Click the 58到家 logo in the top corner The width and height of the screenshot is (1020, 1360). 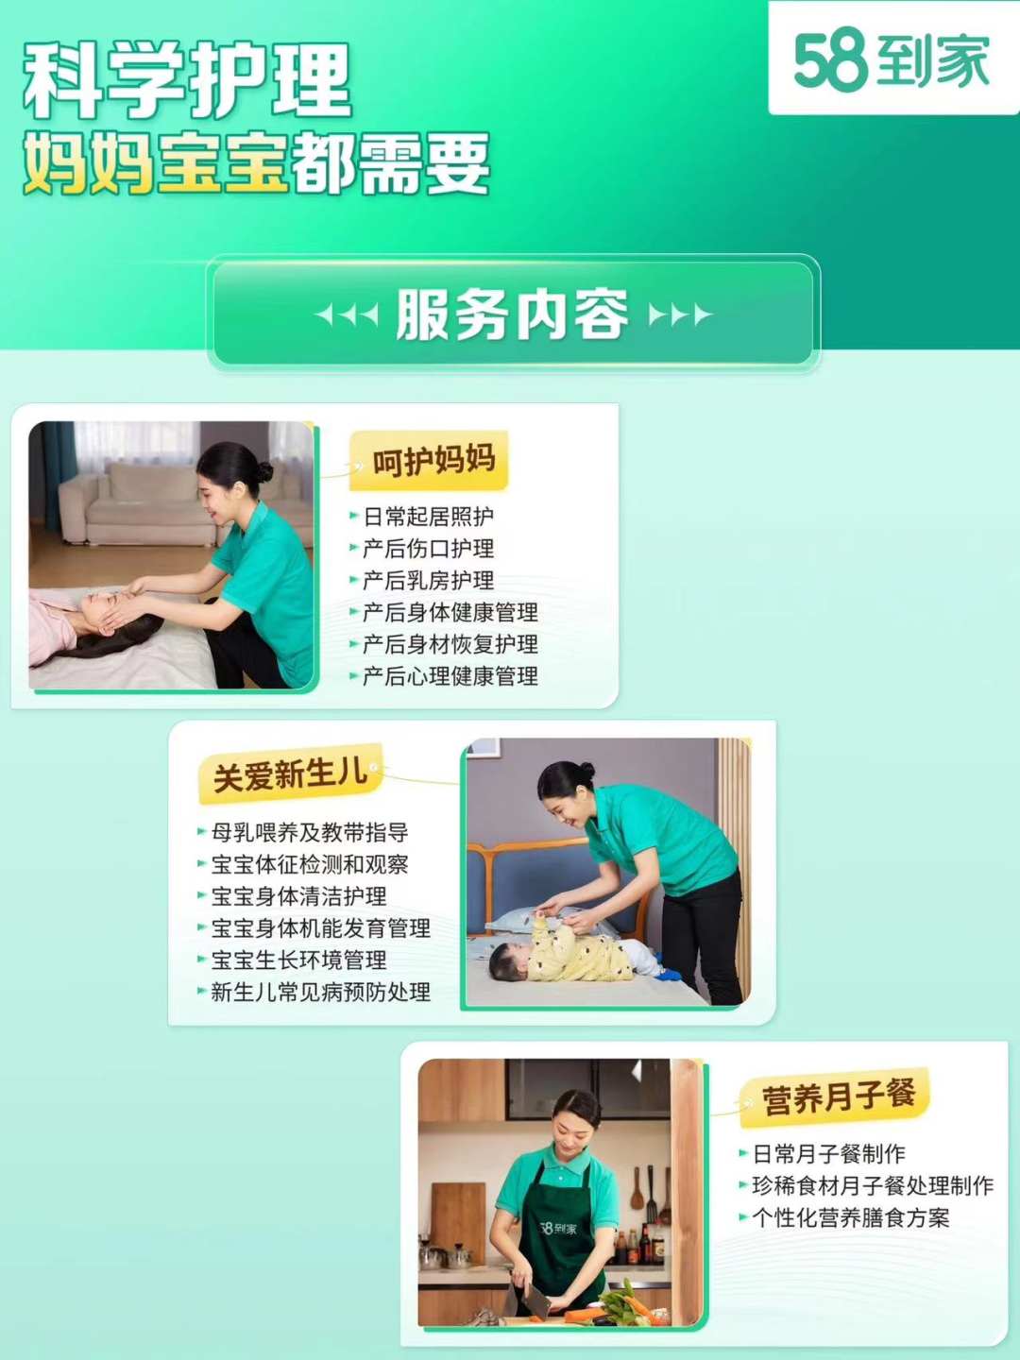[x=892, y=60]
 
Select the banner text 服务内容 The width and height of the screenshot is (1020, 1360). [x=512, y=314]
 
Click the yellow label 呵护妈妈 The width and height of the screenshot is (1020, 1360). [x=433, y=460]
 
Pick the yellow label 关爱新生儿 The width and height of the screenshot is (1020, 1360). [x=290, y=774]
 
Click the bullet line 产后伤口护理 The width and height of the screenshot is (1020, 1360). [x=428, y=548]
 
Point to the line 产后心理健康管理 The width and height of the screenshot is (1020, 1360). [x=450, y=676]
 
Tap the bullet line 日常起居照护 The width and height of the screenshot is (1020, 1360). [x=428, y=516]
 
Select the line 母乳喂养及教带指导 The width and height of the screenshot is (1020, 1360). [x=310, y=832]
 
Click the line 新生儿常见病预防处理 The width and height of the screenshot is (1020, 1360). [x=320, y=992]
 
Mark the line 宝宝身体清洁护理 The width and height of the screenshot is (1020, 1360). [x=298, y=896]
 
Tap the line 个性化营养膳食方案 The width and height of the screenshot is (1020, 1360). [x=850, y=1217]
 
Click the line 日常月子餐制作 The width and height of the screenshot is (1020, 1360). [x=828, y=1154]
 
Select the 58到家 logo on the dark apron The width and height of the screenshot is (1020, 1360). [x=558, y=1228]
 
